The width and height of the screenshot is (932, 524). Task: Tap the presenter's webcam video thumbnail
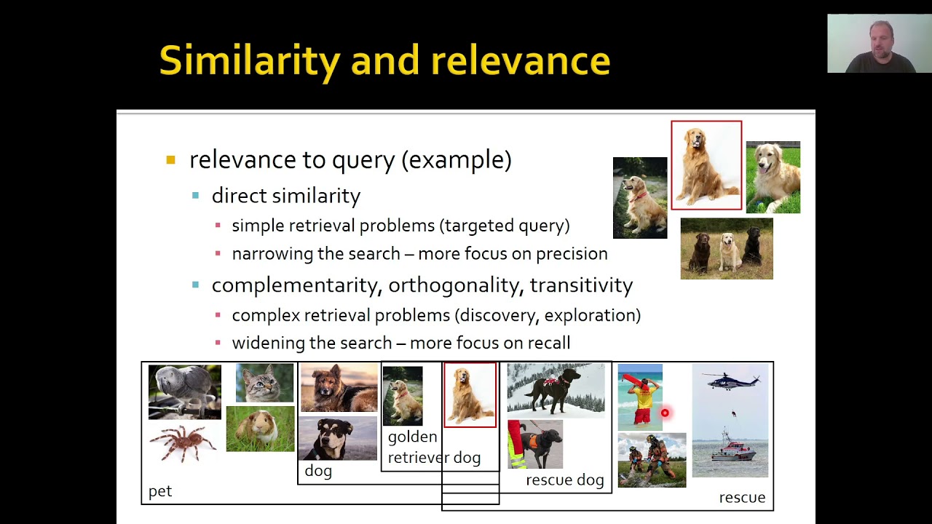879,44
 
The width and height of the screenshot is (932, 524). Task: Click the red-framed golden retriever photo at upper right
706,166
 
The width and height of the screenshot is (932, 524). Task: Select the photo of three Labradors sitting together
727,249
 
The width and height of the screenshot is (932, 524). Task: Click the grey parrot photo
184,392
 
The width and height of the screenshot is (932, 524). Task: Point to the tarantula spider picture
183,443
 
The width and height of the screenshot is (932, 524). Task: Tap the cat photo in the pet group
265,383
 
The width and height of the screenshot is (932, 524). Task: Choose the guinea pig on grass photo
260,429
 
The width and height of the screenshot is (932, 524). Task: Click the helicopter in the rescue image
731,381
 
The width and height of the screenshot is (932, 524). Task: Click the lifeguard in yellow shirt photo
641,397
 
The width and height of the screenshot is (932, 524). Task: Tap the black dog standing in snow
556,389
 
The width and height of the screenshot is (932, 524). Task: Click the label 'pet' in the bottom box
160,492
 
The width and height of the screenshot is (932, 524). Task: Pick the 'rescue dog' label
564,480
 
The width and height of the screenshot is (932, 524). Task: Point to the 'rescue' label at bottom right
742,498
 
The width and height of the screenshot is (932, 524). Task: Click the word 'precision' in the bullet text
572,254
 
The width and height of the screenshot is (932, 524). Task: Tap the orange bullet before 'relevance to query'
171,160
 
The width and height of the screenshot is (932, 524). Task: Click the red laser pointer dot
665,413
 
